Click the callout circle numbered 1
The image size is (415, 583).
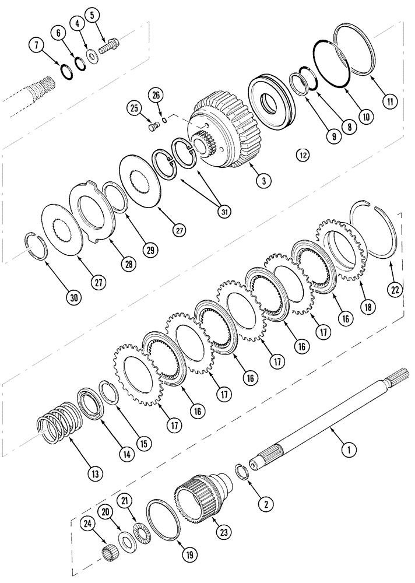point(349,449)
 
